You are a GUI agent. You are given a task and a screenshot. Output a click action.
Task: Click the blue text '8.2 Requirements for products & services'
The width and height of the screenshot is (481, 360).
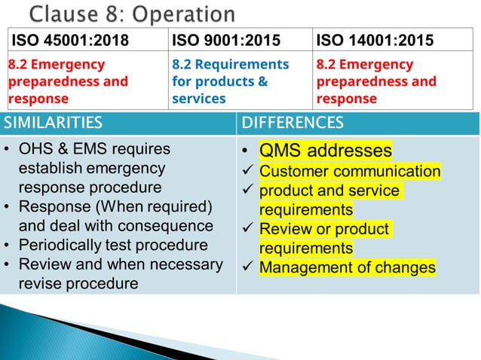(x=230, y=81)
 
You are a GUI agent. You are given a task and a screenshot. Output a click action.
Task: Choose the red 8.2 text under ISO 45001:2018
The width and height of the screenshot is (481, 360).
(x=68, y=81)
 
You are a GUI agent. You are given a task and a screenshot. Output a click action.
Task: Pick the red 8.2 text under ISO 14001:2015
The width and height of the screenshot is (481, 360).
(x=376, y=81)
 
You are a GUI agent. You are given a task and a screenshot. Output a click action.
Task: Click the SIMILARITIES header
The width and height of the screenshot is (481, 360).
(x=52, y=123)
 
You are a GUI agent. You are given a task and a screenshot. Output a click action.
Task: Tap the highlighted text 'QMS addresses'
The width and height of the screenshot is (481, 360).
(x=326, y=151)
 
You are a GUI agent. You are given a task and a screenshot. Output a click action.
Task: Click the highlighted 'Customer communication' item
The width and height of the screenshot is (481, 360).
(x=350, y=172)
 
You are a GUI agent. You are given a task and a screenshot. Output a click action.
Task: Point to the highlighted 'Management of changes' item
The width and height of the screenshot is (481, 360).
(x=348, y=267)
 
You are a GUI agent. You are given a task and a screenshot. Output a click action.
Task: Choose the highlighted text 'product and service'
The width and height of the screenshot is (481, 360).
(x=329, y=191)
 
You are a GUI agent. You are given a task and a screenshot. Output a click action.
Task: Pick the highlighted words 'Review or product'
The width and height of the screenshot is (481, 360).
(x=323, y=229)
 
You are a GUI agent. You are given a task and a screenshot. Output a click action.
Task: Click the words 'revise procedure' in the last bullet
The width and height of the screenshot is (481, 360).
(x=78, y=283)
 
